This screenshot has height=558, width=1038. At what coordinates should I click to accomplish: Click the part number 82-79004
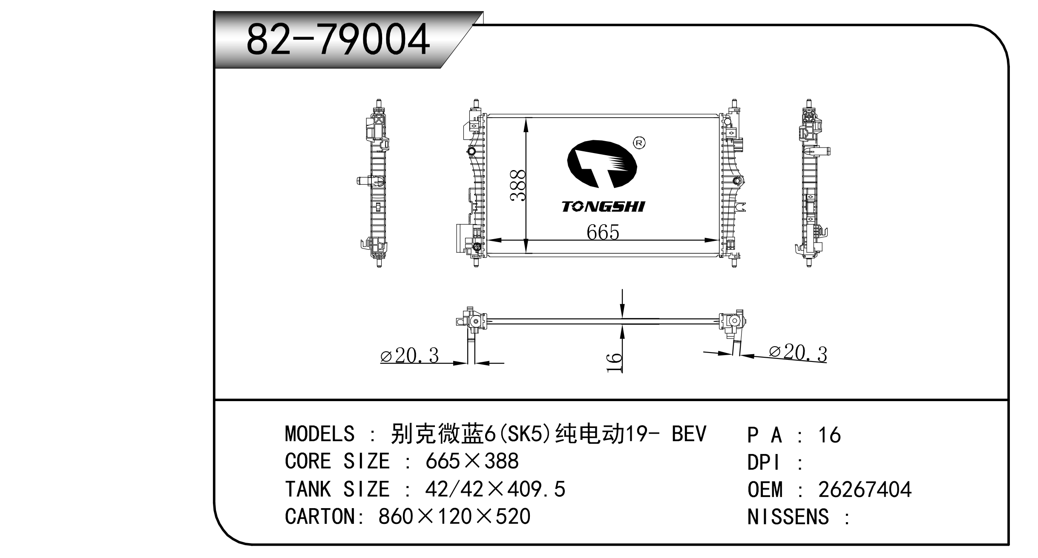pos(338,40)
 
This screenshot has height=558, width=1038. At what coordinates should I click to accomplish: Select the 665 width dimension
pos(603,232)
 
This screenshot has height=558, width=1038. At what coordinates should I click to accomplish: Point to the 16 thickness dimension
pos(614,362)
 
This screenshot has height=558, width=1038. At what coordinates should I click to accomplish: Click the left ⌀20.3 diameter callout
pos(409,356)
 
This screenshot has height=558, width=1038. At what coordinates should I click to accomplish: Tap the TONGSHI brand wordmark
pos(603,206)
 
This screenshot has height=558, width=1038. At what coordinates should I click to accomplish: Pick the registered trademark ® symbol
pos(639,143)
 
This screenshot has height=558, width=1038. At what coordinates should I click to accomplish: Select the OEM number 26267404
pos(865,489)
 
